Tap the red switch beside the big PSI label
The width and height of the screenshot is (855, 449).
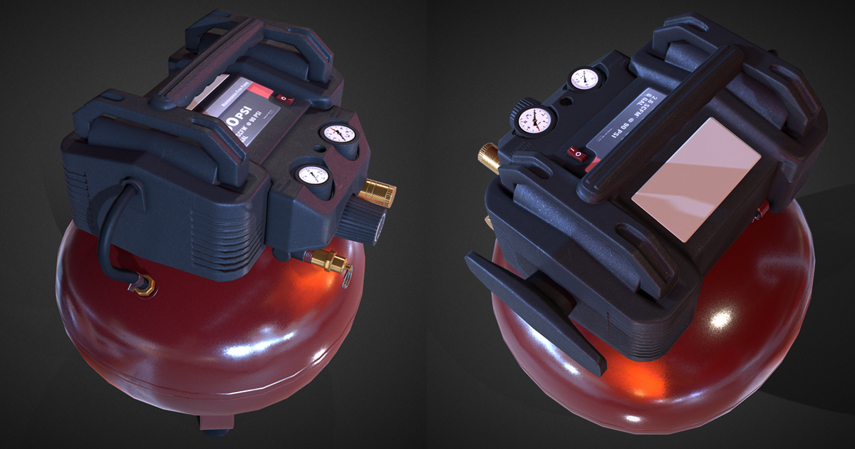coord(284,99)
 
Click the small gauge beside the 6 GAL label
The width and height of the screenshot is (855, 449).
coord(584,78)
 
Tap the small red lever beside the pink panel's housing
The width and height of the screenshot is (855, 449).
coord(764,209)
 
